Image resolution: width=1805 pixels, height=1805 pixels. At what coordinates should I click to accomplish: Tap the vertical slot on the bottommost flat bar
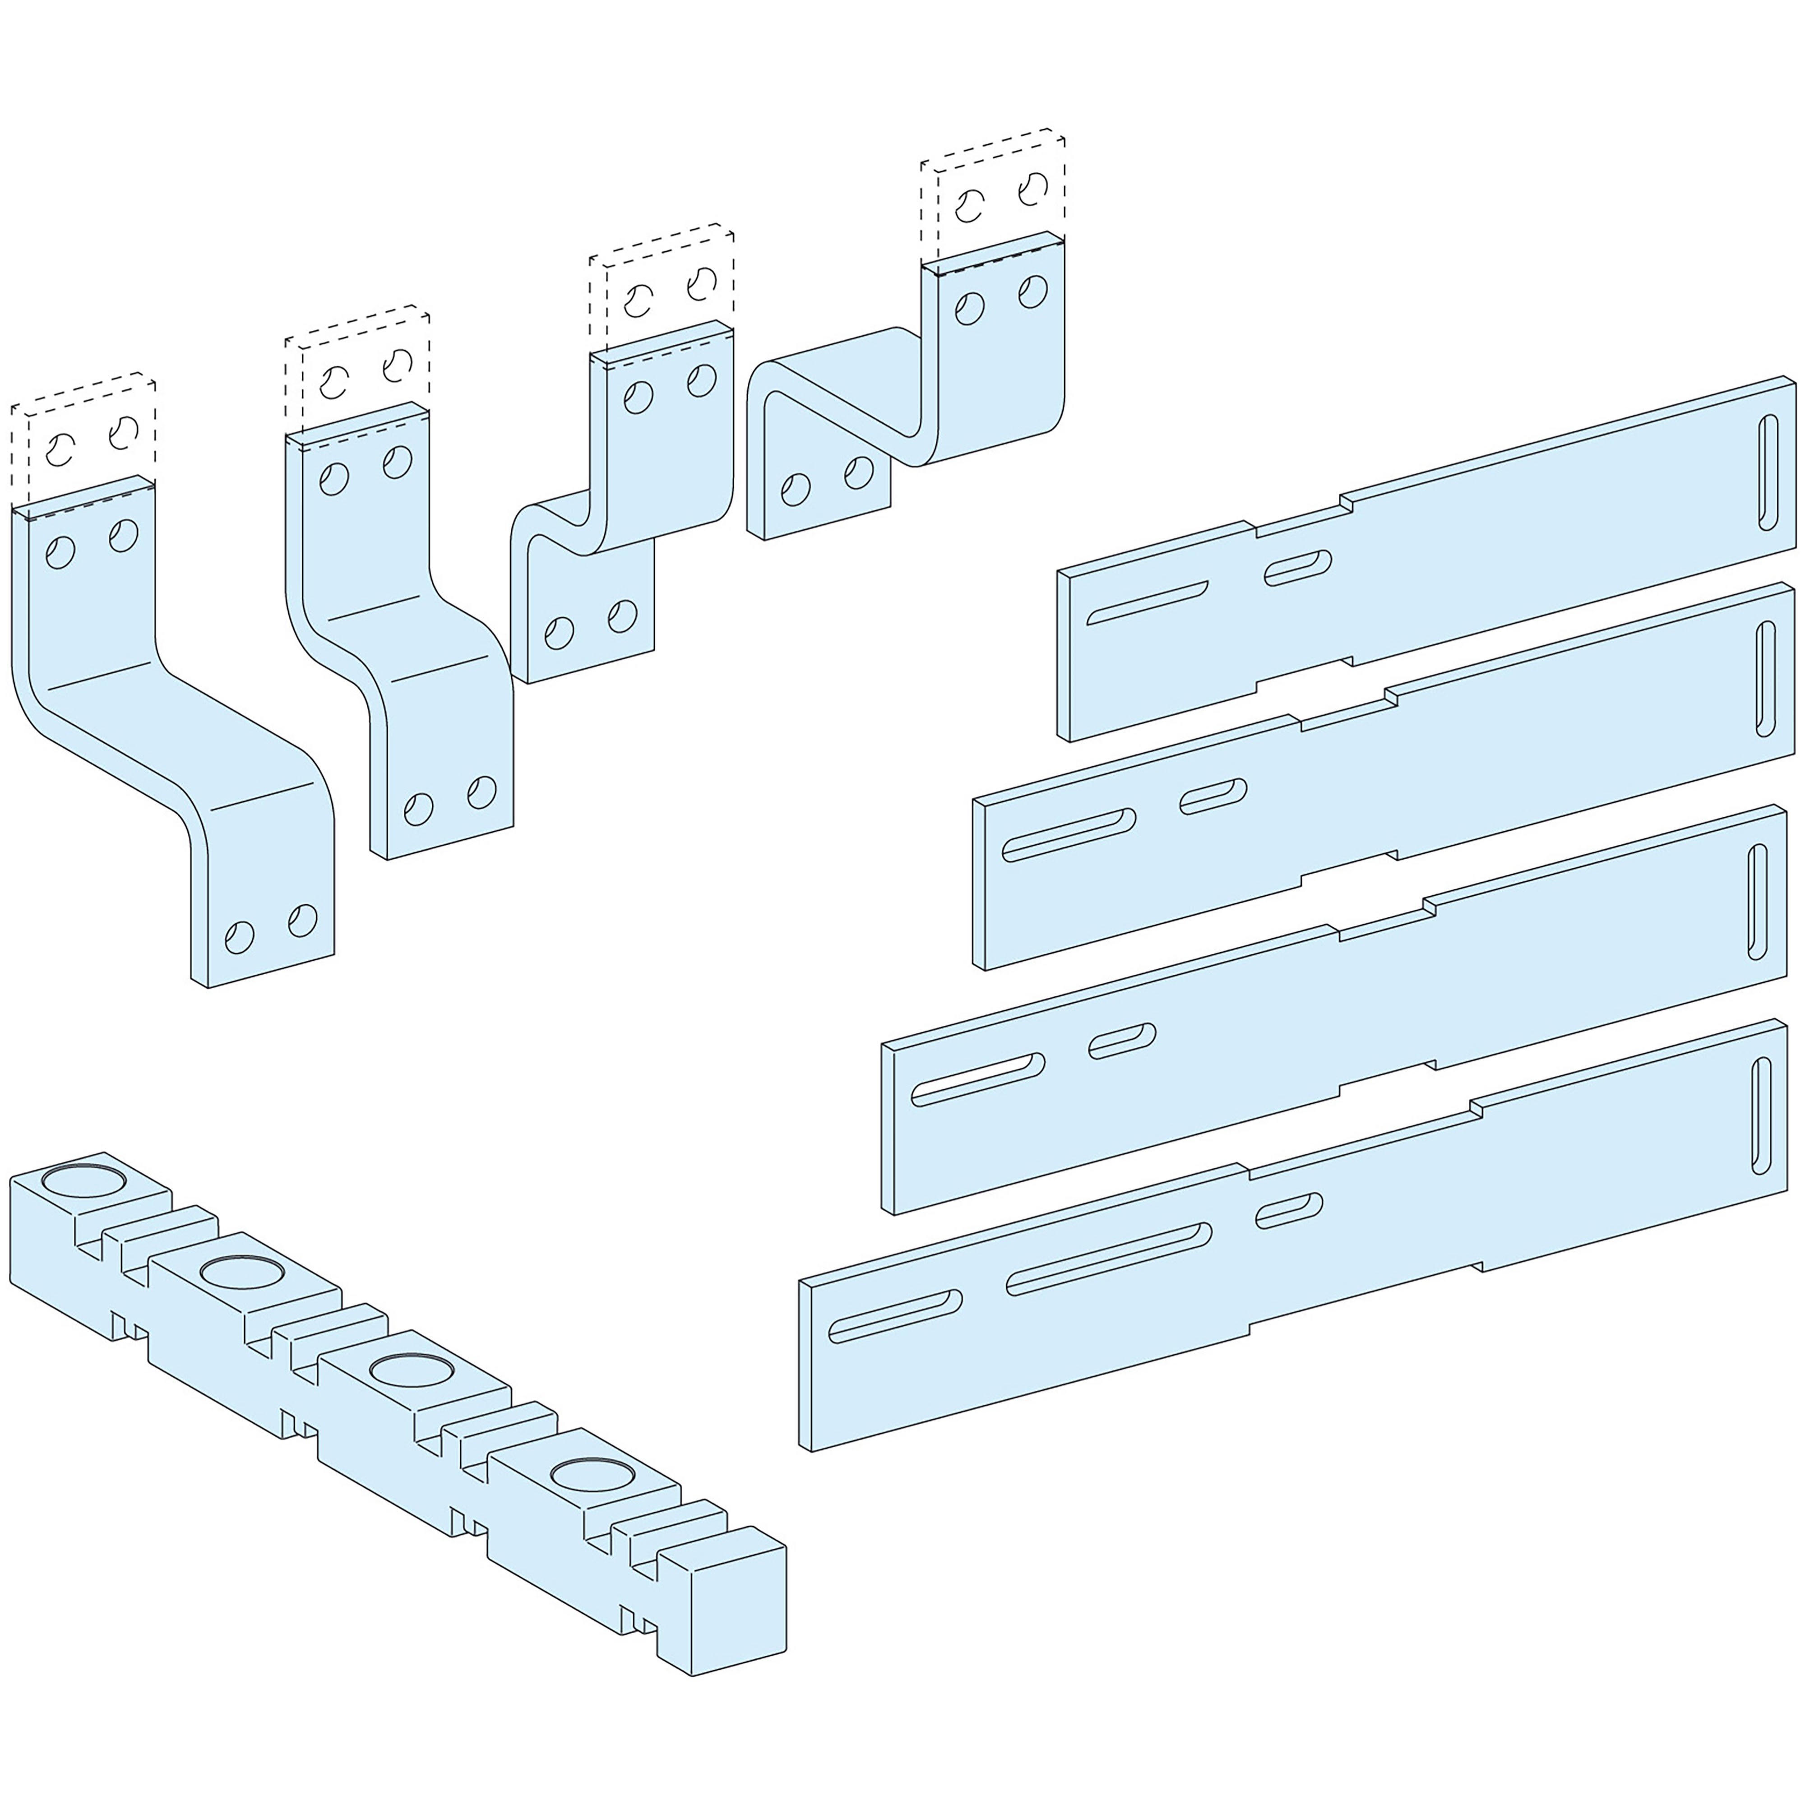(x=1761, y=1115)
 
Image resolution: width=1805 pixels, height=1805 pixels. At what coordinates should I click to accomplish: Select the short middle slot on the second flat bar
(x=1213, y=796)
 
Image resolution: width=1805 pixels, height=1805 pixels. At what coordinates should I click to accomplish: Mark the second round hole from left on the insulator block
(x=241, y=1273)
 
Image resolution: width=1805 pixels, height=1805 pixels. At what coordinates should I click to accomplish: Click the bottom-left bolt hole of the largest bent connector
(x=239, y=937)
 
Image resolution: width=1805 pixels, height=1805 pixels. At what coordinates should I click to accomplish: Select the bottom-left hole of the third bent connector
(x=559, y=633)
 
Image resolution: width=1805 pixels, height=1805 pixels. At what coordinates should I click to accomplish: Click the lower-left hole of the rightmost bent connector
(x=795, y=490)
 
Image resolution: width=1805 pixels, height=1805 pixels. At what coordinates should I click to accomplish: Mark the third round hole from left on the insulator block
(x=411, y=1370)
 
